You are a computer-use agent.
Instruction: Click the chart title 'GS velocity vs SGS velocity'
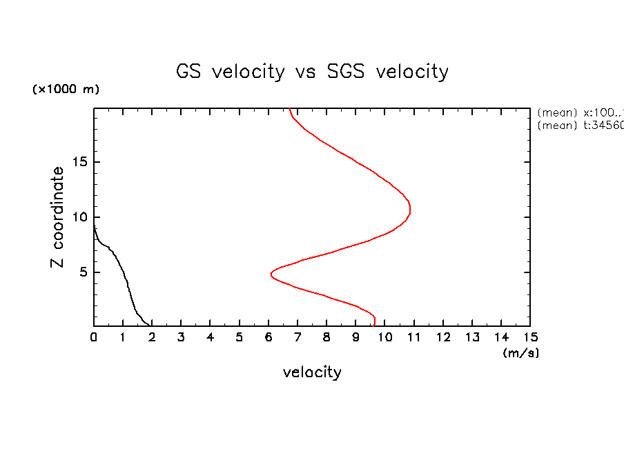pos(312,72)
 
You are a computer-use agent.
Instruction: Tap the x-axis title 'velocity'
pos(312,372)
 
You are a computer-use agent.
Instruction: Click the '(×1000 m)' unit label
pos(66,90)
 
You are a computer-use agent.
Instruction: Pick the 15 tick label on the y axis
pos(79,162)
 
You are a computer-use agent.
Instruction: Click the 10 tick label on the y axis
pos(79,217)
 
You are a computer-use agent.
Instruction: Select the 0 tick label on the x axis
pos(94,337)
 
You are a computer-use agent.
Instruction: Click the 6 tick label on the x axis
pos(269,337)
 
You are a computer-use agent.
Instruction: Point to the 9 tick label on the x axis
pos(355,337)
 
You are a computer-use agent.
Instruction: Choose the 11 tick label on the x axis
pos(413,337)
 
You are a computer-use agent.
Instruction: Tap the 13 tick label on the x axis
pos(471,337)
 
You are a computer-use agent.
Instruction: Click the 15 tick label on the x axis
pos(530,337)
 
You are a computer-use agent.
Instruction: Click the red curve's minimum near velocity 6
pos(271,274)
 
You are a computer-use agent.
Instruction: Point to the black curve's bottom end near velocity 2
pos(151,325)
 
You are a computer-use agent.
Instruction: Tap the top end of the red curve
pos(290,109)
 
